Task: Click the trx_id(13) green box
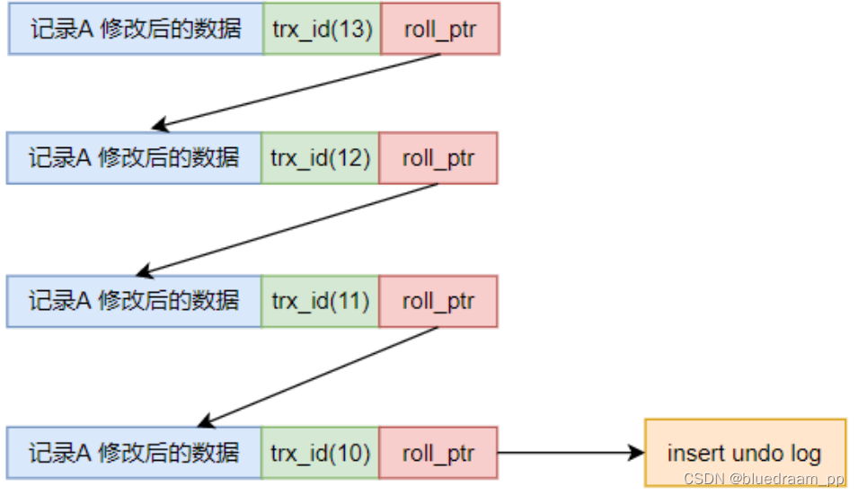[x=322, y=29]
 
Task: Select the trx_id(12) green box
[x=320, y=158]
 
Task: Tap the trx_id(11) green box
[x=320, y=301]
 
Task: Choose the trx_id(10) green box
[x=320, y=453]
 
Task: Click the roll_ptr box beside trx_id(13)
[x=440, y=29]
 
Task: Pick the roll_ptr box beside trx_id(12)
[x=438, y=158]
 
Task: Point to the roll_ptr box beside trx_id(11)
[x=438, y=301]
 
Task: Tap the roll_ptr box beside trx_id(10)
[x=438, y=453]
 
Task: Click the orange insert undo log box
[x=746, y=453]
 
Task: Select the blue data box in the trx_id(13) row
[x=136, y=29]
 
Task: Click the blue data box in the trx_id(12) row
[x=134, y=158]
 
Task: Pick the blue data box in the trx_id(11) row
[x=134, y=301]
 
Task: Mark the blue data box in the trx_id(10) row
[x=134, y=453]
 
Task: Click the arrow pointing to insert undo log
[x=571, y=453]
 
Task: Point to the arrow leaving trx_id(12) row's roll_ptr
[x=287, y=229]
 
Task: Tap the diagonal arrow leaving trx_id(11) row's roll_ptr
[x=317, y=376]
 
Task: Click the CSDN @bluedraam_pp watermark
[x=764, y=479]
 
